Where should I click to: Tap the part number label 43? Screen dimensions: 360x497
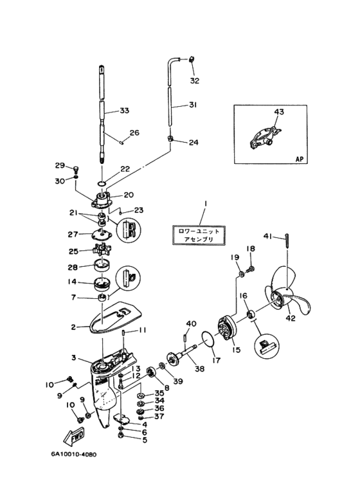[279, 112]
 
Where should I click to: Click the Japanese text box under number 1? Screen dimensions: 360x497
[199, 235]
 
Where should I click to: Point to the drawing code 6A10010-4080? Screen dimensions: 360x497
[73, 455]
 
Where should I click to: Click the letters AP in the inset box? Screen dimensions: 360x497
[299, 159]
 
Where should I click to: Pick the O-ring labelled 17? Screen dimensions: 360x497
[208, 339]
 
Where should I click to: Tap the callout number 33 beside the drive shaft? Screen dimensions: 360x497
[124, 111]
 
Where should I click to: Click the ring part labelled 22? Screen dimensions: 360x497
[102, 183]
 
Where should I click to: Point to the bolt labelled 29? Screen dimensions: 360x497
[76, 168]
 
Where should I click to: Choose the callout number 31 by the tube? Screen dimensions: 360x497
[193, 104]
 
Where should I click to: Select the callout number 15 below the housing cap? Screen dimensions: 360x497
[236, 350]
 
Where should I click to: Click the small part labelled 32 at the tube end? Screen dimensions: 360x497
[192, 59]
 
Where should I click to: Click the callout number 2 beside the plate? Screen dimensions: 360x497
[73, 327]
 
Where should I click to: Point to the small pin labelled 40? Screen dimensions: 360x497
[184, 336]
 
